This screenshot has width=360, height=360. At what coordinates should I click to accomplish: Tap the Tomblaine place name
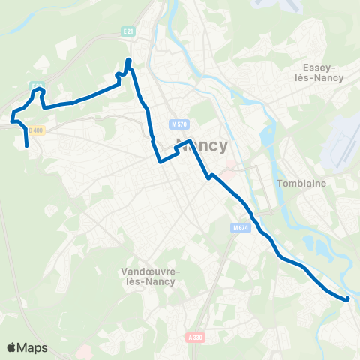tap(299, 183)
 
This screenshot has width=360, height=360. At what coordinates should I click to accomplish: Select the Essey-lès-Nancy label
tap(318, 72)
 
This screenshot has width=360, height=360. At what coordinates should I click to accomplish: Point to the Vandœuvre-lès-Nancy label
tap(148, 276)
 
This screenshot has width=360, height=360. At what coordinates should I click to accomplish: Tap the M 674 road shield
tap(240, 228)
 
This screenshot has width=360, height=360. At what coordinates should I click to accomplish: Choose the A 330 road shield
tap(195, 337)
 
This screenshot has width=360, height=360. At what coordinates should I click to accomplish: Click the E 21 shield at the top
tap(128, 31)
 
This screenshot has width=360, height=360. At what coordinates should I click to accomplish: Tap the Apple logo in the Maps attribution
tap(11, 347)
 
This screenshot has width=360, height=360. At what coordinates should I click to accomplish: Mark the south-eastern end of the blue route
tap(347, 299)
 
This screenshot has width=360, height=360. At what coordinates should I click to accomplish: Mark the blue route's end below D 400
tap(27, 146)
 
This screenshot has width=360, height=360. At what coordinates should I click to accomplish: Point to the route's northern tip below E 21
tap(129, 60)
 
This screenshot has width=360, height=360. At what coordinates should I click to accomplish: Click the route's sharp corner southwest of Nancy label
tap(160, 161)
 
